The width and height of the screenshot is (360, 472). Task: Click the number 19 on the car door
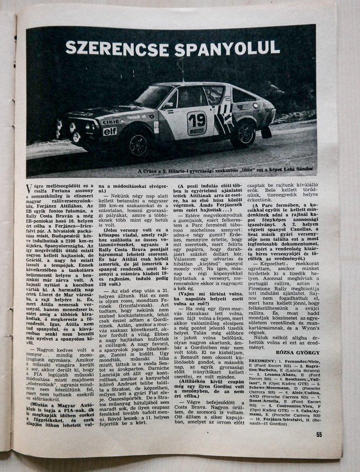coord(196,117)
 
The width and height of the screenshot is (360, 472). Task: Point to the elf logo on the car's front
coord(110,131)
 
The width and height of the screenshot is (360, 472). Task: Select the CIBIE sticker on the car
coord(111,122)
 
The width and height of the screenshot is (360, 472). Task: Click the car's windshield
coord(155,97)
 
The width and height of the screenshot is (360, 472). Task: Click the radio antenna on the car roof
coord(182,70)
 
